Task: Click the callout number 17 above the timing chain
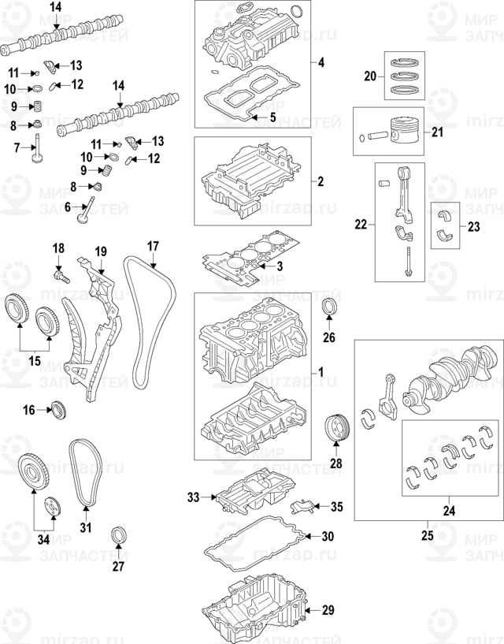153,245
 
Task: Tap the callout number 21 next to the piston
438,132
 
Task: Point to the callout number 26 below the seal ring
329,338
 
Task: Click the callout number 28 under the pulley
336,463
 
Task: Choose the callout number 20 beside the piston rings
371,76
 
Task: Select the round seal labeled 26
330,307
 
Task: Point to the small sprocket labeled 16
57,409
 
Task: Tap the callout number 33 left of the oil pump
194,497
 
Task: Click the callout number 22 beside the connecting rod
361,225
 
